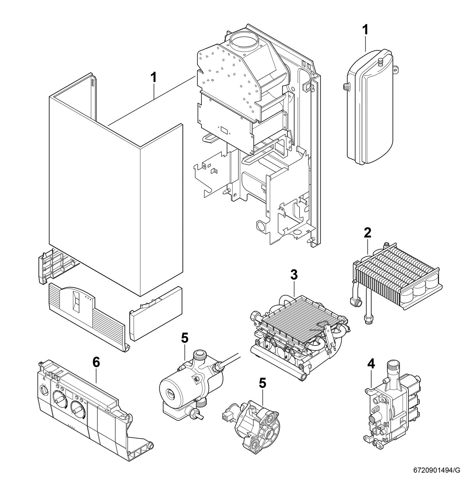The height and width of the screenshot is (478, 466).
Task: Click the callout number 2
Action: click(367, 233)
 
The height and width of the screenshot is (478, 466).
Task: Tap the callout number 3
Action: click(294, 275)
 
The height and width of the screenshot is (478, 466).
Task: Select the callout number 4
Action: click(371, 363)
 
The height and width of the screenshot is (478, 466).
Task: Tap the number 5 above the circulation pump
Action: click(185, 338)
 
